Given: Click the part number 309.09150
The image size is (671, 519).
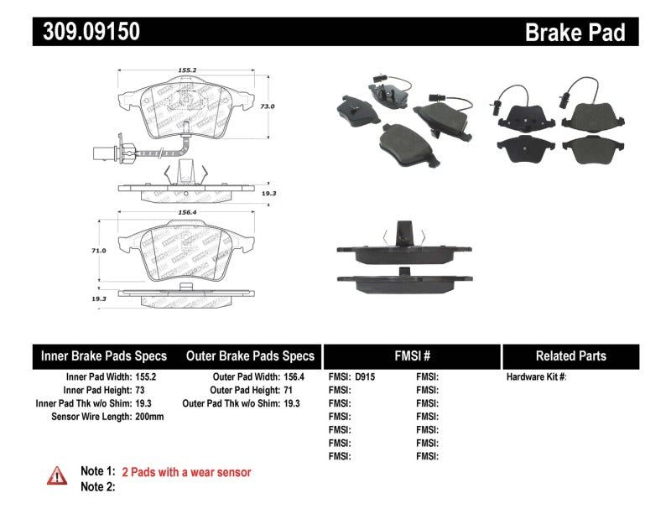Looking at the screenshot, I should coord(86,31).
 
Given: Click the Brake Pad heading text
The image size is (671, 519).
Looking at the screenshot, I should coord(575,32).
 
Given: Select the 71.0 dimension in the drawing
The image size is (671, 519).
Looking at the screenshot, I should coord(100,251).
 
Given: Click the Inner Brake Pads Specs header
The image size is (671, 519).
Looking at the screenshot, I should coord(104,356).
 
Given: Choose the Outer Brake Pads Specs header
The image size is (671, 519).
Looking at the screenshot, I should coord(250,356).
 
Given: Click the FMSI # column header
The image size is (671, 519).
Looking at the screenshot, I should coord(411,356).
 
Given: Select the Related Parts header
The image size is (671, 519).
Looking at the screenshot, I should coord(570,356).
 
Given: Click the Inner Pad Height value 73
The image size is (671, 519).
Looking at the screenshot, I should coord(140,391).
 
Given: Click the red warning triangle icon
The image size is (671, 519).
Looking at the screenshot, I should coord(56,475).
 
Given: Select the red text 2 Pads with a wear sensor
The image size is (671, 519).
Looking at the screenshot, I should coord(186,472).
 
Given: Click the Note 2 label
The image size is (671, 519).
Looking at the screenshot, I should coord(97,486).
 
